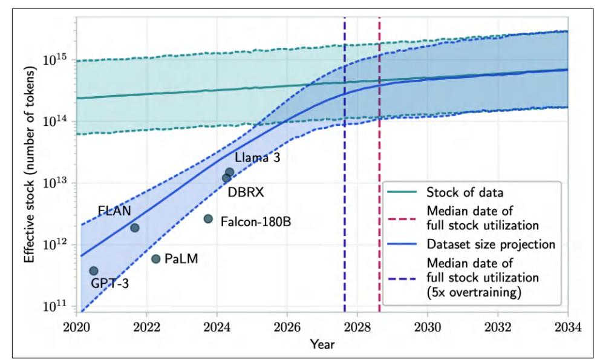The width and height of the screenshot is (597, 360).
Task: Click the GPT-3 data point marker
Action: click(94, 270)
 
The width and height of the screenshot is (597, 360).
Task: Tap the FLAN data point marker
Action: click(135, 227)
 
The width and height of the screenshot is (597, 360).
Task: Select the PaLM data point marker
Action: click(155, 259)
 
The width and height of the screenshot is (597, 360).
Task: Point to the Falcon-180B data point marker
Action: click(208, 218)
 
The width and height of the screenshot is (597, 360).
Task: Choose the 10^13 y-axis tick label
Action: click(56, 184)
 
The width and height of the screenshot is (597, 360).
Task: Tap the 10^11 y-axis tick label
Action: click(56, 307)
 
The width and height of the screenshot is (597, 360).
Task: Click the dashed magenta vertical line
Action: click(379, 121)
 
